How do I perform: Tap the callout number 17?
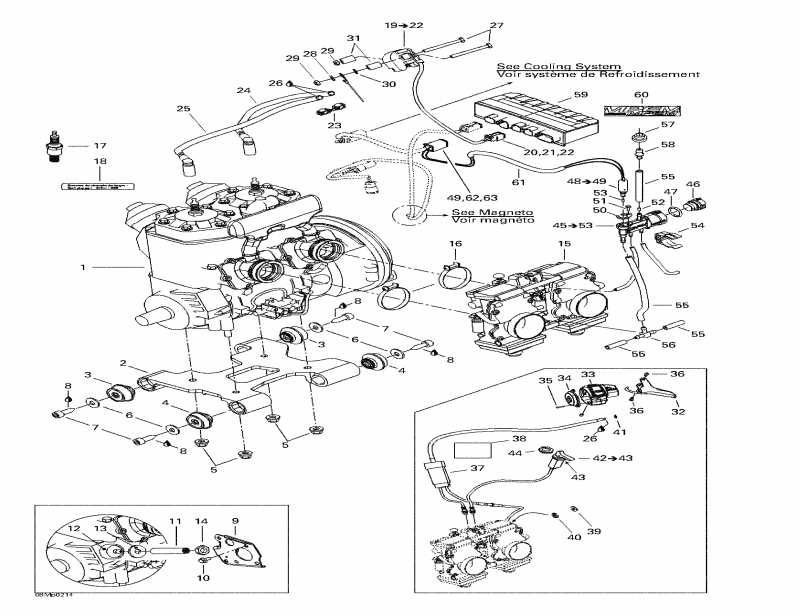100,146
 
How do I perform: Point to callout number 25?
183,109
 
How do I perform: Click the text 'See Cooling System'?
559,65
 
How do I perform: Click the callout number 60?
641,95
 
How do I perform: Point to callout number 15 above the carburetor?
564,244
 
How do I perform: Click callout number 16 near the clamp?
455,244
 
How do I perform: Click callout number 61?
518,183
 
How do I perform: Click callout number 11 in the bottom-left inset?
174,520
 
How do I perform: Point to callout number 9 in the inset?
235,520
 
